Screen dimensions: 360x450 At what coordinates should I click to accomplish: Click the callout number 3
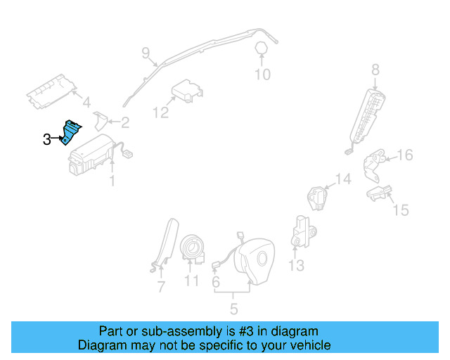(x=47, y=139)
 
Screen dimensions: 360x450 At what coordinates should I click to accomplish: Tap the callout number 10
(x=262, y=74)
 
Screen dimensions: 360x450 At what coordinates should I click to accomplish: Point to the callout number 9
(x=146, y=52)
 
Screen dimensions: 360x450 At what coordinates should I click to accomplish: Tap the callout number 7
(x=160, y=286)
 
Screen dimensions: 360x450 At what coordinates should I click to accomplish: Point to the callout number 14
(x=342, y=180)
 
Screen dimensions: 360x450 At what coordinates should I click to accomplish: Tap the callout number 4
(x=86, y=103)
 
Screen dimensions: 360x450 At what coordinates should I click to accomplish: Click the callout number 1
(x=111, y=181)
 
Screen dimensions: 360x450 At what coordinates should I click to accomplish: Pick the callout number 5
(x=233, y=308)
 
